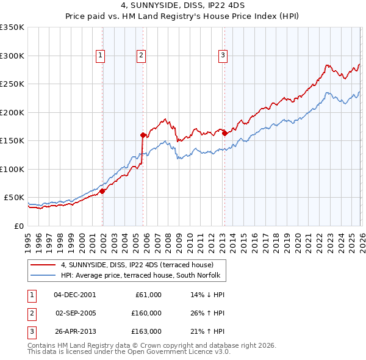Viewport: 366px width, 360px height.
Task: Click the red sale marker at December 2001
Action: [x=102, y=192]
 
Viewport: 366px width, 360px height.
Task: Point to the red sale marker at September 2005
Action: [x=143, y=135]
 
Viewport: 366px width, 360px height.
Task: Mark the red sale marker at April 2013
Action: [x=224, y=133]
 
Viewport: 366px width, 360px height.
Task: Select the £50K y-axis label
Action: [x=15, y=198]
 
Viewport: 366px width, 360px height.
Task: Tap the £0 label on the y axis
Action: [x=20, y=226]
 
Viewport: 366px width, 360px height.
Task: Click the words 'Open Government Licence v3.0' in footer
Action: [x=176, y=351]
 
